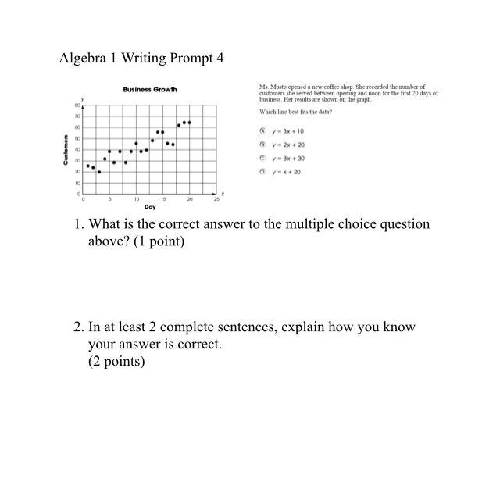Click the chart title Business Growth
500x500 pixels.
click(150, 90)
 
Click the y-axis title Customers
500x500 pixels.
click(67, 149)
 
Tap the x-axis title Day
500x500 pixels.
click(150, 207)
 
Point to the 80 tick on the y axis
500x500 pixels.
click(78, 104)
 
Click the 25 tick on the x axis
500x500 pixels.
click(216, 199)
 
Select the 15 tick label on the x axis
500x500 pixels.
click(162, 199)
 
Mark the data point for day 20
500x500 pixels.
click(189, 123)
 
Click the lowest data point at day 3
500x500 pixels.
click(99, 172)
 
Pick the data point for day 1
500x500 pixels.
click(88, 166)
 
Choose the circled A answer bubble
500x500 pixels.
click(263, 131)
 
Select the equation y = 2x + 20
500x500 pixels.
click(289, 145)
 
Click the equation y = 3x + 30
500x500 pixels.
click(289, 158)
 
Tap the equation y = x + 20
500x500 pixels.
click(287, 172)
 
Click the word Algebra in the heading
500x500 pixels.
click(81, 59)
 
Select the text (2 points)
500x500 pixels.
click(116, 361)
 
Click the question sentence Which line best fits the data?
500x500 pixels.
click(295, 112)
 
